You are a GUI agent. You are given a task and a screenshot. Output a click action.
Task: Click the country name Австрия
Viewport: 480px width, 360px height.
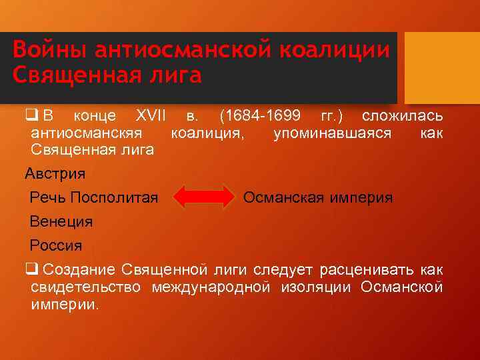click(x=55, y=175)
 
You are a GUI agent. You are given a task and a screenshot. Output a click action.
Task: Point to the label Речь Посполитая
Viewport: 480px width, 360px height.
click(x=94, y=198)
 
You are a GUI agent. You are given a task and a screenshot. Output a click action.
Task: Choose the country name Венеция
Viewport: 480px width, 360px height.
click(x=61, y=221)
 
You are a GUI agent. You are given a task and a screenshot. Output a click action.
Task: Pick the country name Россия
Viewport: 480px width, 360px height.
click(x=56, y=245)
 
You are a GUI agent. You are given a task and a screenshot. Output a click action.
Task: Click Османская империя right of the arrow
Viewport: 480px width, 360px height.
click(x=318, y=198)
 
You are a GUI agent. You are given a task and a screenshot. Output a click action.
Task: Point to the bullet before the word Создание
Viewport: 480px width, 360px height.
click(x=31, y=269)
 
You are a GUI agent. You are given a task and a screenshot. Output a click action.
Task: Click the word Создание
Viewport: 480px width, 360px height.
click(x=78, y=269)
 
